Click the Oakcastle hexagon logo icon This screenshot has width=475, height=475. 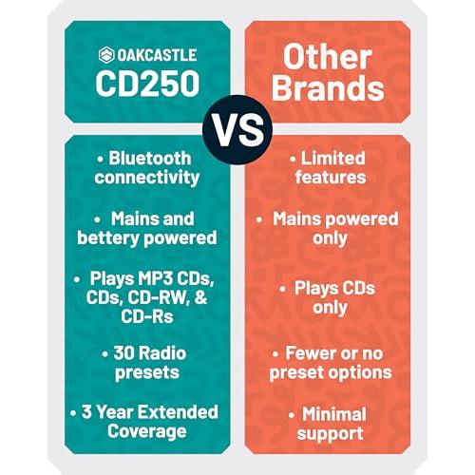pyautogui.click(x=106, y=55)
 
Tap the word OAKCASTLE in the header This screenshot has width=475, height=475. pyautogui.click(x=157, y=55)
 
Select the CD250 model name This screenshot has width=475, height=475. pyautogui.click(x=147, y=84)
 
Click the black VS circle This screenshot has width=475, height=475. pyautogui.click(x=237, y=130)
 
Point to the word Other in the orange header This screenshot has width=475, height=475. pyautogui.click(x=328, y=57)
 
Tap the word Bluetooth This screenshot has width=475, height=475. pyautogui.click(x=150, y=158)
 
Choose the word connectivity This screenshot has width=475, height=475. pyautogui.click(x=147, y=177)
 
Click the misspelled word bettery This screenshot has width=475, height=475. pyautogui.click(x=108, y=237)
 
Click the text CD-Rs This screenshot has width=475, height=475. pyautogui.click(x=147, y=316)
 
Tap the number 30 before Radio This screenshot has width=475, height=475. pyautogui.click(x=123, y=353)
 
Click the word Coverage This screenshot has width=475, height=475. pyautogui.click(x=147, y=431)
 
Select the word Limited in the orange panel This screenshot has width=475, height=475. pyautogui.click(x=332, y=158)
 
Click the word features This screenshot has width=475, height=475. pyautogui.click(x=331, y=177)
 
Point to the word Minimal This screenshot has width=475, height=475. pyautogui.click(x=334, y=414)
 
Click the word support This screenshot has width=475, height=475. pyautogui.click(x=330, y=434)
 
